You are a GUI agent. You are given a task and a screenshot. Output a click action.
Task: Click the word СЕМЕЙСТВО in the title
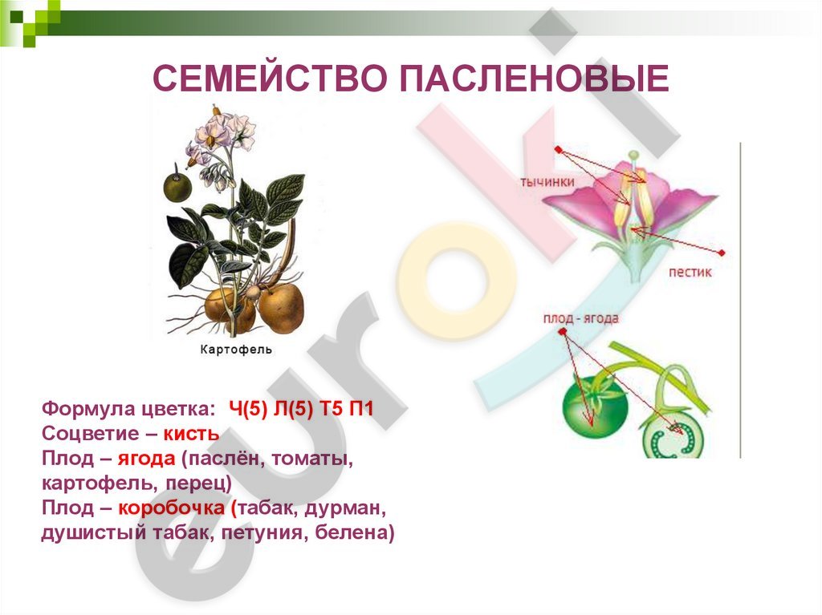[x=270, y=79]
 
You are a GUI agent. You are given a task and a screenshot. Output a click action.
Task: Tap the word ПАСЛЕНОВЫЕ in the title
[x=535, y=79]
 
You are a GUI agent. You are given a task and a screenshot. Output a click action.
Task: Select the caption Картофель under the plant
[x=236, y=350]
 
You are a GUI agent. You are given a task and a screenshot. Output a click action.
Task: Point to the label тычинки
[x=547, y=182]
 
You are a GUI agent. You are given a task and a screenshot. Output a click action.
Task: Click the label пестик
[x=690, y=272]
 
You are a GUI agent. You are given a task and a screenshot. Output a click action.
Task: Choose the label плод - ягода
[x=581, y=318]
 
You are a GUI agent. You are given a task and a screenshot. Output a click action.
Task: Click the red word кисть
[x=191, y=434]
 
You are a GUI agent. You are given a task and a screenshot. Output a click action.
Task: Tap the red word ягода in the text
[x=146, y=459]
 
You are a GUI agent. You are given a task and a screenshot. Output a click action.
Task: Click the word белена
[x=354, y=532]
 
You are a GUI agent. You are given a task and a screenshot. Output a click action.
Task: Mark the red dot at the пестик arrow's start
[x=722, y=253]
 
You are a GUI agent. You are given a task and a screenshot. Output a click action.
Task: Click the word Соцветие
[x=90, y=434]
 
